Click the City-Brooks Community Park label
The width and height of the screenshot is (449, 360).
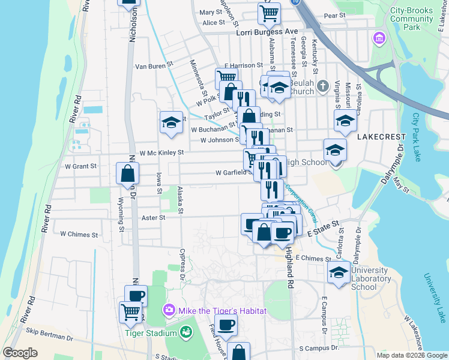tap(412, 19)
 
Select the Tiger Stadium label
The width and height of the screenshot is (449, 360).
tap(151, 333)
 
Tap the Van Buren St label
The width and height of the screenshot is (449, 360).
tap(154, 66)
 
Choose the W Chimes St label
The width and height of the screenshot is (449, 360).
tap(79, 234)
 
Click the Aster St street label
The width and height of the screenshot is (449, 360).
tap(154, 218)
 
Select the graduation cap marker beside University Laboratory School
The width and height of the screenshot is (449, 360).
tap(339, 271)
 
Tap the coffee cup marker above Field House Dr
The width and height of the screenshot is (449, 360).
tap(226, 325)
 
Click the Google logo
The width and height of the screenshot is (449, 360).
tap(20, 353)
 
